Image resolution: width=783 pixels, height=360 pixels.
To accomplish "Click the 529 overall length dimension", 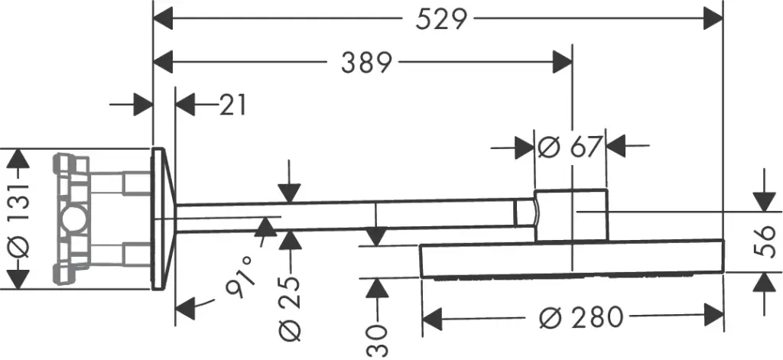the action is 441,21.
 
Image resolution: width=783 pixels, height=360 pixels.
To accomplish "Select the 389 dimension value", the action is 366,63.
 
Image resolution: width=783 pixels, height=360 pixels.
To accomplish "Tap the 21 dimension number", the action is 232,105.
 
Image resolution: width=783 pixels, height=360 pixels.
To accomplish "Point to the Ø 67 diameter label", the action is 569,147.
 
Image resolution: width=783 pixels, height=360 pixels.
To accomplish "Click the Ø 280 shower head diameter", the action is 582,316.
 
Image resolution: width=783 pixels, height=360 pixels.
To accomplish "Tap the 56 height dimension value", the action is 765,242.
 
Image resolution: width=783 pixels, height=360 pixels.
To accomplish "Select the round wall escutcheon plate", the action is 162,218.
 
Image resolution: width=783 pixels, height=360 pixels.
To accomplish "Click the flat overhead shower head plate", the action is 573,258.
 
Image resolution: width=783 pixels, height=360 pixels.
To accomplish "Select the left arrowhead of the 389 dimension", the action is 163,63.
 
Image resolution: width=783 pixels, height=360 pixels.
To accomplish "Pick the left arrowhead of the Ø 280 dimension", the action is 433,317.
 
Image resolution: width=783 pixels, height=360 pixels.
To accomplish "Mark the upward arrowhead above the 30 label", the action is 377,289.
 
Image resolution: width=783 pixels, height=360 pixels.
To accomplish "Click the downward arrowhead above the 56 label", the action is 765,202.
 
